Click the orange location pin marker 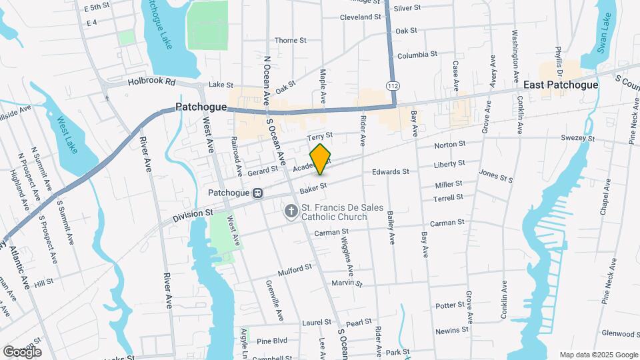[x=321, y=159]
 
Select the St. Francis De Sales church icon [x=290, y=211]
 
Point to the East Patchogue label [x=560, y=85]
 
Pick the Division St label [x=192, y=215]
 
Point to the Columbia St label [x=417, y=54]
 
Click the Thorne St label [x=290, y=40]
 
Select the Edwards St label [x=390, y=172]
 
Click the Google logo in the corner [x=22, y=351]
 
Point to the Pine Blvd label [x=271, y=341]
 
